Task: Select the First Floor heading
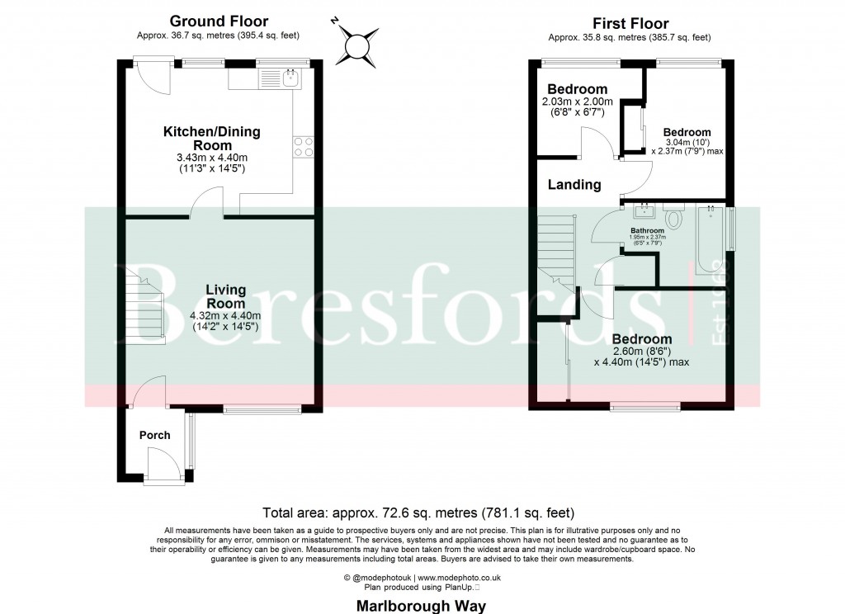click(x=630, y=23)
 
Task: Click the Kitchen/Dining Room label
click(x=211, y=139)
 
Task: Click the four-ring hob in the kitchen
click(x=304, y=146)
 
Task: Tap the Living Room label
click(x=225, y=296)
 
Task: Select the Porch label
click(x=154, y=435)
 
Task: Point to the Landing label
click(x=574, y=185)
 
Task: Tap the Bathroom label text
click(x=648, y=231)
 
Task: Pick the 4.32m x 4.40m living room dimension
click(x=225, y=316)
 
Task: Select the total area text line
click(x=418, y=512)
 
